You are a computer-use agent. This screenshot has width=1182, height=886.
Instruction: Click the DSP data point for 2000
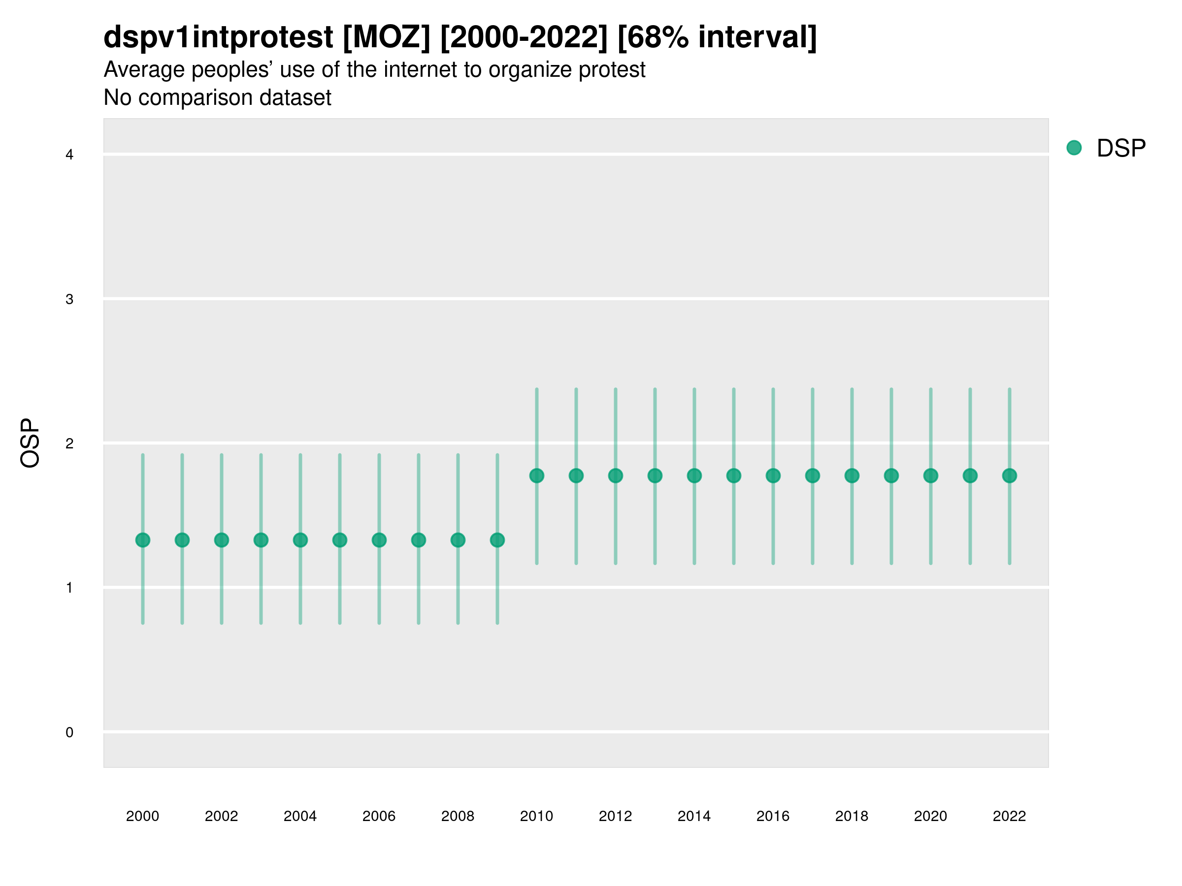coord(143,540)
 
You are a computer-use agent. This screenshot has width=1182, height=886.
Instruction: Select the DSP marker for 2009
coord(497,540)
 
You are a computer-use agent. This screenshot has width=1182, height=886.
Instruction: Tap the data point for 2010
coord(536,475)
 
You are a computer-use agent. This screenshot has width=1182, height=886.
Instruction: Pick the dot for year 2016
coord(773,475)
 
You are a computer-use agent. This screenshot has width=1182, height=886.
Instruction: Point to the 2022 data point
coord(1010,475)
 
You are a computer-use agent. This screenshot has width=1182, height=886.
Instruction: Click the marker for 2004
coord(300,540)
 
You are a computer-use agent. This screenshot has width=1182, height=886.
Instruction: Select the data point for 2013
coord(655,475)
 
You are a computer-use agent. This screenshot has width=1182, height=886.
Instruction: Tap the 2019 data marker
coord(891,475)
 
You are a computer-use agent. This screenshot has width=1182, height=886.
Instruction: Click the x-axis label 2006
coord(379,816)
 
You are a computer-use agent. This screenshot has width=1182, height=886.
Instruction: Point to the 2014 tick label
coord(694,816)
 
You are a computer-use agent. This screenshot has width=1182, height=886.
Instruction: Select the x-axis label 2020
coord(930,816)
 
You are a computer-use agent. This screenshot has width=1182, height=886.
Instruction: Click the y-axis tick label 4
coord(69,155)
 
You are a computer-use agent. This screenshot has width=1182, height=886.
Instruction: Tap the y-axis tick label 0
coord(69,732)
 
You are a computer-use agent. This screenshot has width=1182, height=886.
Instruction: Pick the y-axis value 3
coord(69,299)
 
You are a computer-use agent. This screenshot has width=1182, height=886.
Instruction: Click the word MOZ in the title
coord(386,37)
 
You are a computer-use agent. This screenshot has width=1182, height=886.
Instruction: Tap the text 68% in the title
coord(653,37)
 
